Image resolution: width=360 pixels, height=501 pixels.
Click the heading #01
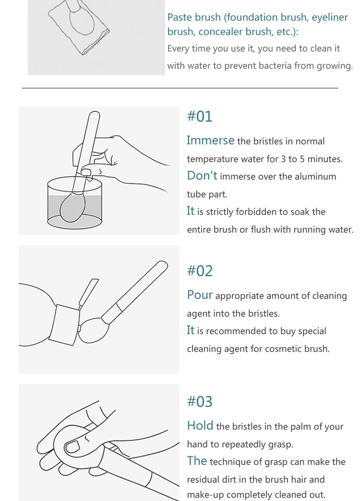click(x=200, y=116)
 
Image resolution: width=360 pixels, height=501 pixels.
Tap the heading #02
click(x=200, y=271)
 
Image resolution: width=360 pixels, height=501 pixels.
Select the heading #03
click(x=200, y=402)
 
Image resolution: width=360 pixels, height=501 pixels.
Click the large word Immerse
click(x=210, y=140)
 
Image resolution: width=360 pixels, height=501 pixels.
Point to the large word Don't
click(x=202, y=176)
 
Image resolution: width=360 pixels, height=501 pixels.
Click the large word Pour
click(x=200, y=295)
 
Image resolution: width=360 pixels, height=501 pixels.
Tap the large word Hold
click(x=200, y=426)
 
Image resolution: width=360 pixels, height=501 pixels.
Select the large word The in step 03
click(x=197, y=461)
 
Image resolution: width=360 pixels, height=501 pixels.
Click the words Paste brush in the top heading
click(x=194, y=17)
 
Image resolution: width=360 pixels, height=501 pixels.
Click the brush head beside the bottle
click(x=90, y=330)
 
